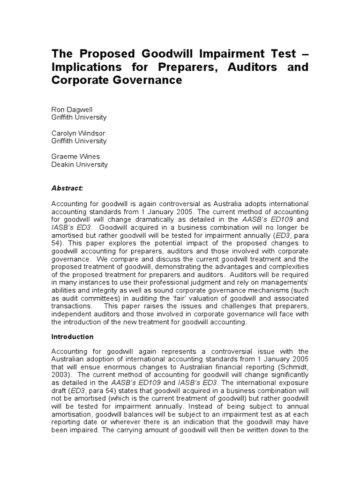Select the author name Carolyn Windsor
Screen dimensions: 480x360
pos(78,133)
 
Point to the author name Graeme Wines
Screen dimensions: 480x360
pos(75,157)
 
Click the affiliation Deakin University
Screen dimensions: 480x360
pos(79,165)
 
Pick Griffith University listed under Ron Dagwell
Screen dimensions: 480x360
pos(79,117)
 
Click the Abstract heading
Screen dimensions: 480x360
pos(67,188)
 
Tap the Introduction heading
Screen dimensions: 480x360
pos(72,337)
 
